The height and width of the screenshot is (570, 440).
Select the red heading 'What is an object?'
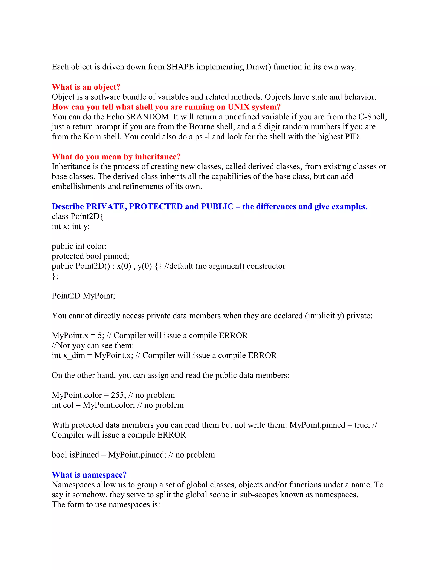[86, 87]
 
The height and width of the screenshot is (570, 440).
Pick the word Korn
[92, 137]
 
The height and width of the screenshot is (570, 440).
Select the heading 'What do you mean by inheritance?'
[116, 157]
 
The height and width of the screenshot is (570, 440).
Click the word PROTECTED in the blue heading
[156, 207]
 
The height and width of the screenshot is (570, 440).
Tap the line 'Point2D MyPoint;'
[83, 296]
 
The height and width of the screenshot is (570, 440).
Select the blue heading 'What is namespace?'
[89, 475]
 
